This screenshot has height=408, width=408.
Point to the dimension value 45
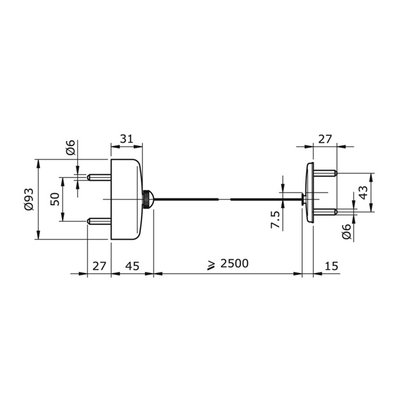pos(133,265)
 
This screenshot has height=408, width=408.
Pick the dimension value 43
pos(363,192)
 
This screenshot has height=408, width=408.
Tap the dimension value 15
pos(331,265)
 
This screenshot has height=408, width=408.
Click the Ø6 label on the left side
pos(71,148)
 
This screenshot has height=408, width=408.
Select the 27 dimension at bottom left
pos(99,265)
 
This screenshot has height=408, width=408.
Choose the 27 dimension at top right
pos(324,138)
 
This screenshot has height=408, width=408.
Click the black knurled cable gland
pos(147,200)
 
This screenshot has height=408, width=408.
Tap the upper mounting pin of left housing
pos(99,176)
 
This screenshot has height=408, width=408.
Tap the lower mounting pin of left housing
pos(99,222)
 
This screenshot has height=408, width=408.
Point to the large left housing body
pos(126,199)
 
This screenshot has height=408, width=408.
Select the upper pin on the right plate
pos(325,173)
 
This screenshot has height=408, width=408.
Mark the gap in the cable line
pos(224,200)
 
